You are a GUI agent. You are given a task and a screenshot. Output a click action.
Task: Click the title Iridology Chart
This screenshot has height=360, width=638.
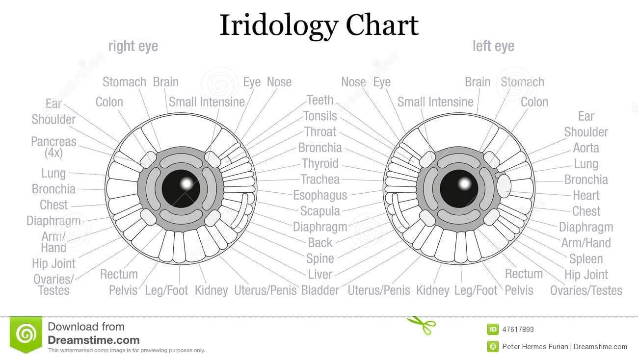pos(319,25)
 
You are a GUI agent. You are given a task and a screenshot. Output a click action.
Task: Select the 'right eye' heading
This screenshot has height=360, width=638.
pos(133,46)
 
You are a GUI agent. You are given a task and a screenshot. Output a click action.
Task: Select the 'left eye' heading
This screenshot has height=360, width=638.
pos(493,46)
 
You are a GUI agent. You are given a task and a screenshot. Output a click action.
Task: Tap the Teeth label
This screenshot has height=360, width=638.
pos(320,100)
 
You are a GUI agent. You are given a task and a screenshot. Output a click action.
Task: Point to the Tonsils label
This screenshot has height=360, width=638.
pos(320,116)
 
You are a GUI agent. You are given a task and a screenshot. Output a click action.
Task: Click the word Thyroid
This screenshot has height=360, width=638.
pos(320,163)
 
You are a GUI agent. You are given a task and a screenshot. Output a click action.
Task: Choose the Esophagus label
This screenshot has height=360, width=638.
pos(320,195)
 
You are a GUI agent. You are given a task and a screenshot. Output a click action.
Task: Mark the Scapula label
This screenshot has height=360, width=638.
pos(320,211)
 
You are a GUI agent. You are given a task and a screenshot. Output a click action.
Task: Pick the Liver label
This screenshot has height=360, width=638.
pos(320,274)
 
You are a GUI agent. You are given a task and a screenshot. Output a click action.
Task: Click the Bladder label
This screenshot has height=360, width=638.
pos(320,290)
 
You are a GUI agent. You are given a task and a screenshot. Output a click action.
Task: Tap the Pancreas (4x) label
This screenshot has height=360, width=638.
pos(53,147)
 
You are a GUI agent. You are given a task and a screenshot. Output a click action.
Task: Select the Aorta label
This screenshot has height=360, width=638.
pos(586,148)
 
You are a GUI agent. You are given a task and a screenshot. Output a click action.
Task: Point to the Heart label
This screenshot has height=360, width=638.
pos(586,195)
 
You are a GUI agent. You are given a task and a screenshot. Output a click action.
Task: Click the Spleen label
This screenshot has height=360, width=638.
pos(586,258)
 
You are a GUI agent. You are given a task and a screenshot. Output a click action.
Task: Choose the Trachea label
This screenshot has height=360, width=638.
pos(320,179)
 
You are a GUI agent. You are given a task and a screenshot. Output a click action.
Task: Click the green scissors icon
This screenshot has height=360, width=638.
pos(421,325)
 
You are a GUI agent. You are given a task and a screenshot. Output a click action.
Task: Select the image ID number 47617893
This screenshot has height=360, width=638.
pos(518,330)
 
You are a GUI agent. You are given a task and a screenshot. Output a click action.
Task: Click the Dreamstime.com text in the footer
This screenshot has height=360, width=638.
pos(93,340)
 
